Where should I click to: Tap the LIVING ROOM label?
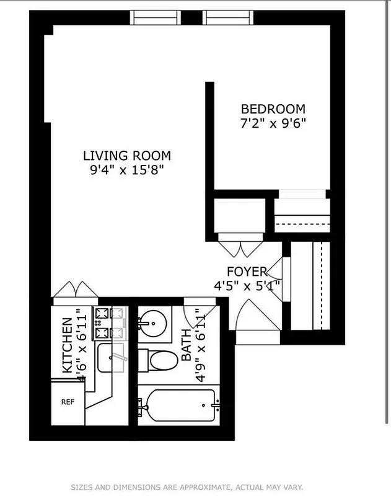pyautogui.click(x=127, y=156)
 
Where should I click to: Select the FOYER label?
pyautogui.click(x=247, y=271)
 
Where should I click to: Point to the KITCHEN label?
pyautogui.click(x=67, y=345)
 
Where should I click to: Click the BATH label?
pyautogui.click(x=187, y=349)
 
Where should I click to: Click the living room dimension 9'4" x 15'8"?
pyautogui.click(x=127, y=169)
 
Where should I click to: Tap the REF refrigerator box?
pyautogui.click(x=68, y=402)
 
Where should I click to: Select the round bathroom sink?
pyautogui.click(x=151, y=322)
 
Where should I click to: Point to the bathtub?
pyautogui.click(x=178, y=407)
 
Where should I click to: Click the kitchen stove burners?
pyautogui.click(x=102, y=323)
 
